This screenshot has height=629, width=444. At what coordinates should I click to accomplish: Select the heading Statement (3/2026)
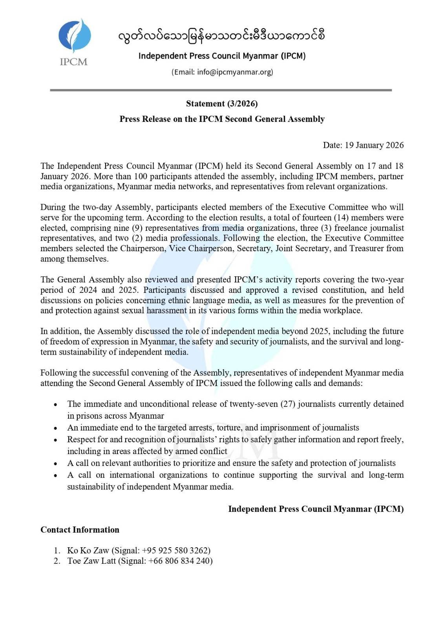tap(222, 104)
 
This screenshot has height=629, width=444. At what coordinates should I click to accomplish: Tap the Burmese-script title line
tap(222, 36)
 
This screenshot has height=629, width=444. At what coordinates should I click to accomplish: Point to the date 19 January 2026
tap(374, 145)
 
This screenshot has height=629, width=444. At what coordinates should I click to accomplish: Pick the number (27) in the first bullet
tap(288, 404)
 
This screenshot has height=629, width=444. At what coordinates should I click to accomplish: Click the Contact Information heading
tap(80, 530)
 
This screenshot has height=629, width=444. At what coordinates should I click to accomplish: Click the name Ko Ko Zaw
tap(88, 550)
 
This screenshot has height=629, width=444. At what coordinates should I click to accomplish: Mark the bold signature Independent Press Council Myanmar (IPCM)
tap(316, 509)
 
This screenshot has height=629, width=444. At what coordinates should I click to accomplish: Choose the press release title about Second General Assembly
tap(222, 119)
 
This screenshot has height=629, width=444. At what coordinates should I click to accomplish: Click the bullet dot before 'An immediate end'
tap(56, 428)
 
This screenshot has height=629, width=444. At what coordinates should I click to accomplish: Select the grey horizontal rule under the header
tap(221, 90)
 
